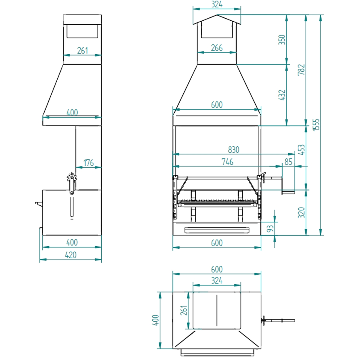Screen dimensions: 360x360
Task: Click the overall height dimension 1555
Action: coord(316,124)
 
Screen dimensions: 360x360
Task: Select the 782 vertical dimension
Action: coord(301,70)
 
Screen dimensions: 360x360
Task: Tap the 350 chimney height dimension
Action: coord(282,40)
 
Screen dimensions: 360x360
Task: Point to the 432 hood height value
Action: coord(282,95)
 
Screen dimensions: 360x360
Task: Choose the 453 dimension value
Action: coord(301,150)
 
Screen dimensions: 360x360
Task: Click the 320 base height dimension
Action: coord(301,212)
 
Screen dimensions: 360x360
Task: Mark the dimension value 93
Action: coord(270,229)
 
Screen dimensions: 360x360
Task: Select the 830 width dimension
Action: coord(233,150)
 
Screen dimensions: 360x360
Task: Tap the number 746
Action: coord(227,162)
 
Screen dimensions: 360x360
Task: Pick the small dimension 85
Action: coord(288,162)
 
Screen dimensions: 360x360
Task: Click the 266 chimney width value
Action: coord(217,48)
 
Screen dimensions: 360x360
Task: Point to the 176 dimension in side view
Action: coord(88,163)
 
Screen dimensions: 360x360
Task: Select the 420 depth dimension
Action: coord(70,255)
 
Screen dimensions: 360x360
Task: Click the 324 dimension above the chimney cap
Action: coord(217,4)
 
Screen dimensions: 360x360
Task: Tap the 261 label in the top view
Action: coord(184,310)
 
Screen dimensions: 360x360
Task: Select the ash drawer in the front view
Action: coord(217,230)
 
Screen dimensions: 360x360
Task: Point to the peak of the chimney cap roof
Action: coord(217,15)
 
